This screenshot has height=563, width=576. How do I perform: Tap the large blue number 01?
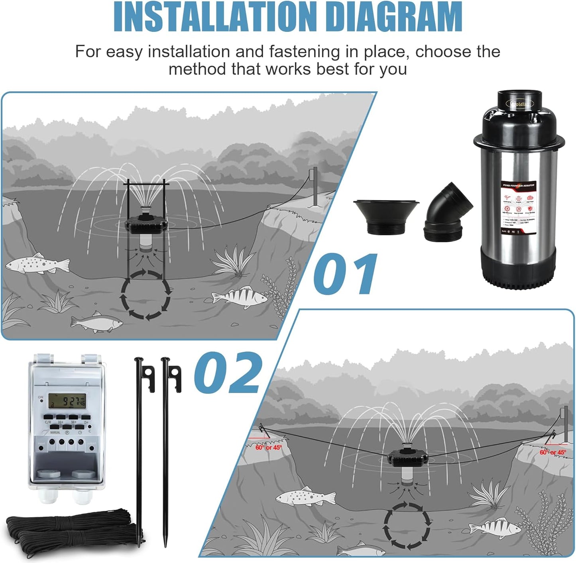coord(345,274)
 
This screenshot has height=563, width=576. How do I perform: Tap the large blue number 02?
coord(228,373)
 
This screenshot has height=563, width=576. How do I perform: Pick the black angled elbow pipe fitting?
coord(448,213)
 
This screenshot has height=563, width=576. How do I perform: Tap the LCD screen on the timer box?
coord(67,401)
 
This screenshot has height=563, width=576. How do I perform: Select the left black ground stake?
coord(140,450)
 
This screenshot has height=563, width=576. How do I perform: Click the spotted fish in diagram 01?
coord(38,264)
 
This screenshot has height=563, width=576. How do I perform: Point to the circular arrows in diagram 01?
coord(145,295)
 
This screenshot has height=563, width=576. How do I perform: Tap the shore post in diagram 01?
coord(314,185)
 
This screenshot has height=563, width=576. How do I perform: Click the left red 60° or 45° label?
coord(268,447)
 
